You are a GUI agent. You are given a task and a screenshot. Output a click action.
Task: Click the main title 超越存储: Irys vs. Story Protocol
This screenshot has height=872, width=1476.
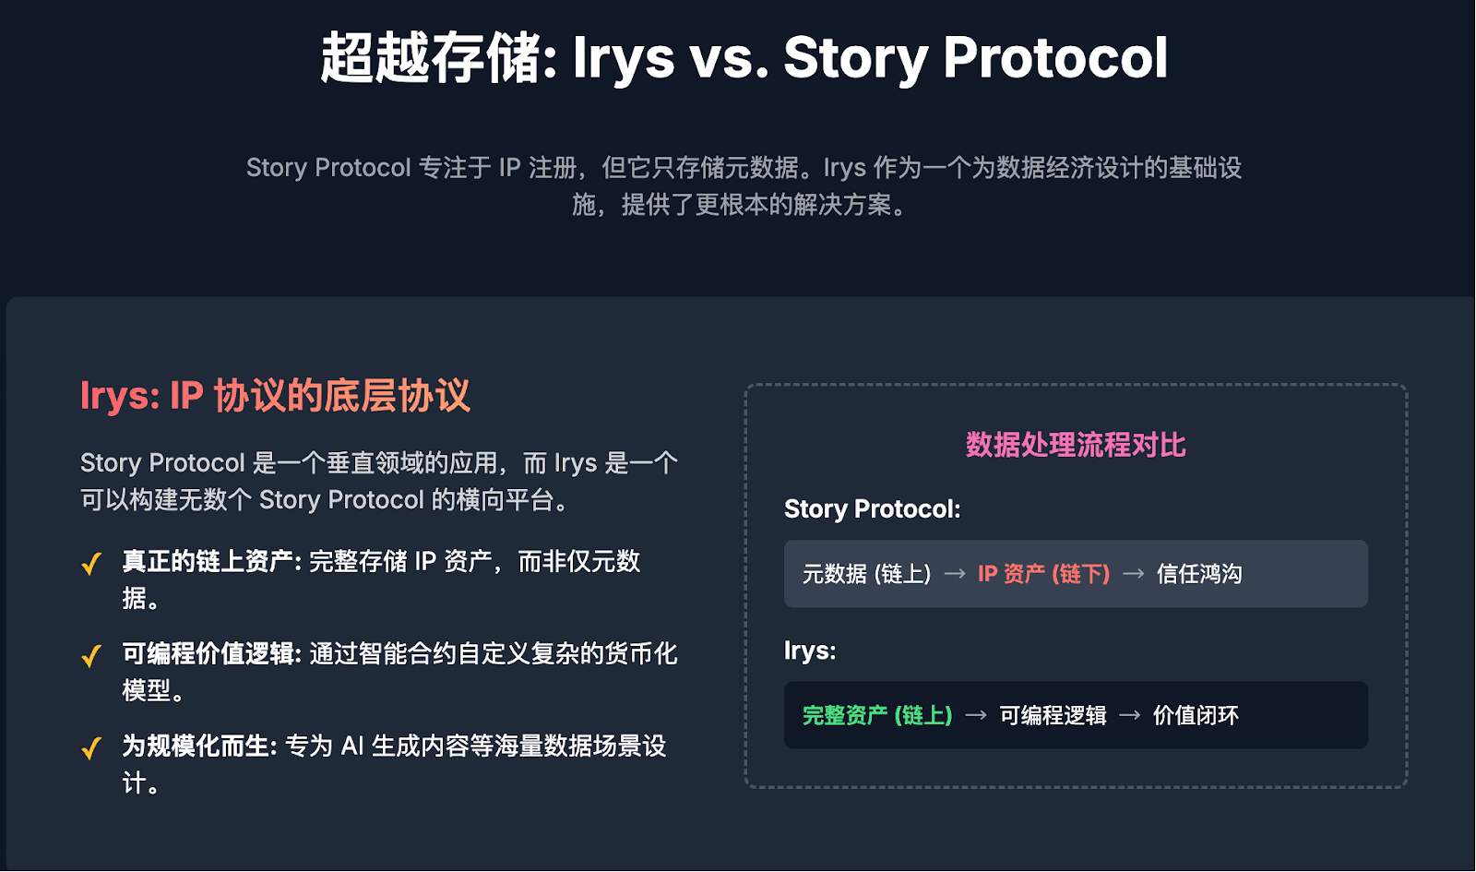744,58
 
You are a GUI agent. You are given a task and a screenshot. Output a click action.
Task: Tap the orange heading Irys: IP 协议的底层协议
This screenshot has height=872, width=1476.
276,396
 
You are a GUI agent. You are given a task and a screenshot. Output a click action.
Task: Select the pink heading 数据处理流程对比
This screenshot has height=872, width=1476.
1076,445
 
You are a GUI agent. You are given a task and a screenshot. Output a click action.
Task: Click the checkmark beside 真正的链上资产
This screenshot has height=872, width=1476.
91,564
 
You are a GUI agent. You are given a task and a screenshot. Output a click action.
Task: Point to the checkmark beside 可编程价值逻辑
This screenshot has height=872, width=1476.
91,656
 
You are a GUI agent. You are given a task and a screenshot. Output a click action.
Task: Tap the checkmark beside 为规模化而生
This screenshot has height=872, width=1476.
91,748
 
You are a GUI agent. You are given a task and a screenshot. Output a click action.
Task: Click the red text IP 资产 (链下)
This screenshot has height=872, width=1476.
1043,574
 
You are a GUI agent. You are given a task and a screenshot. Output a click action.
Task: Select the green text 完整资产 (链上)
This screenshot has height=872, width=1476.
877,715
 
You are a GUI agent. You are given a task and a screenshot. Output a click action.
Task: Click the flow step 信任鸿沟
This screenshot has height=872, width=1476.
1199,574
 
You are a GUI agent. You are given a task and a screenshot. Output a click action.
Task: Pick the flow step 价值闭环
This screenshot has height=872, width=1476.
1196,715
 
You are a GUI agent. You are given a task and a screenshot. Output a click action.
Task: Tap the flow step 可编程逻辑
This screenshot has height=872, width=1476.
1053,715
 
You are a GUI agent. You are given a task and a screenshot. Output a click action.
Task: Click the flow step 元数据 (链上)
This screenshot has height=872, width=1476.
866,574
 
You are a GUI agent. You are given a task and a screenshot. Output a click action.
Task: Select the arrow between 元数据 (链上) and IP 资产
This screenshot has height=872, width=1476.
955,574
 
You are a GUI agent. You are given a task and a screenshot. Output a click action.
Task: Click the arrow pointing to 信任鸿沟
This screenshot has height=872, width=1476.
1134,574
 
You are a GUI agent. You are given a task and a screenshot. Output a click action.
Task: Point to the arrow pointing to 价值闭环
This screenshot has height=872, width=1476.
1130,715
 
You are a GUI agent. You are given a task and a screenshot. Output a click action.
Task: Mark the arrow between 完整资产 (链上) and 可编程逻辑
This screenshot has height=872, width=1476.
976,715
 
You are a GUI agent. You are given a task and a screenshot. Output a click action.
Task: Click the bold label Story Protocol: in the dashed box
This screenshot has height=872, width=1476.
873,509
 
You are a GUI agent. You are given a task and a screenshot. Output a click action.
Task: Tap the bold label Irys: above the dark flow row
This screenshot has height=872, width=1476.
810,651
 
